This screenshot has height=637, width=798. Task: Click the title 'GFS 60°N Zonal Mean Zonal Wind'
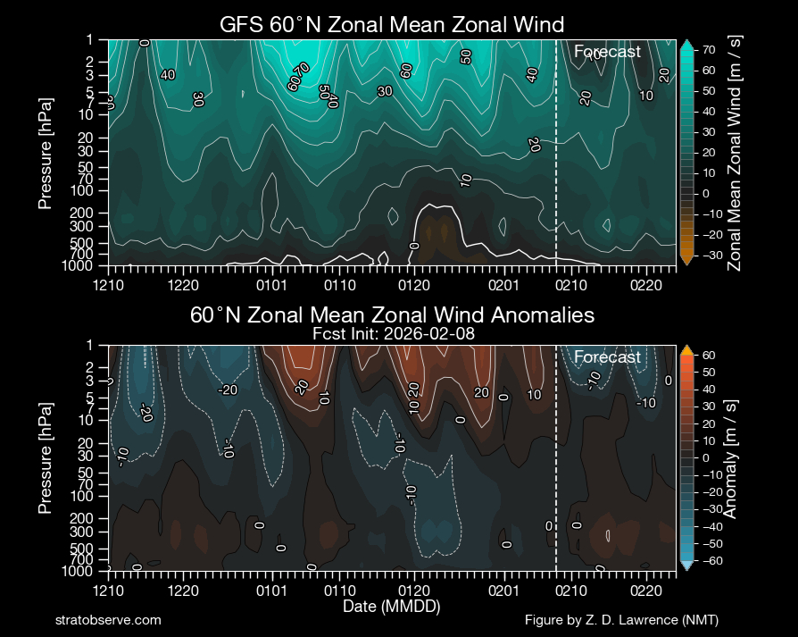(x=392, y=24)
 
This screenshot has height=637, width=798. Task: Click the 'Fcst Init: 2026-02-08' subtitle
(x=392, y=332)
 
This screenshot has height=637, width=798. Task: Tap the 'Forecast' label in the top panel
(x=607, y=52)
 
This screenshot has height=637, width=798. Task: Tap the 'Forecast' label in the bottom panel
(x=607, y=357)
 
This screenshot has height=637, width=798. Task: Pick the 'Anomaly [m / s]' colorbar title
(x=729, y=457)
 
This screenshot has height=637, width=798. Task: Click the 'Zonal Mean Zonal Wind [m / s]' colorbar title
(x=735, y=152)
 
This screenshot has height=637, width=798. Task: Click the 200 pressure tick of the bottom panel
(x=92, y=518)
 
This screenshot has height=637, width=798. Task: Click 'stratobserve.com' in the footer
(x=108, y=620)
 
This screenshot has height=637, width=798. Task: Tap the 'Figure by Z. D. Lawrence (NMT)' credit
(x=621, y=620)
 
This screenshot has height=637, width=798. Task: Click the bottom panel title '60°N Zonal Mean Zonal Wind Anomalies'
(x=392, y=315)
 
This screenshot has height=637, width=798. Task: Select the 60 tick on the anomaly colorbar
(x=708, y=355)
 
